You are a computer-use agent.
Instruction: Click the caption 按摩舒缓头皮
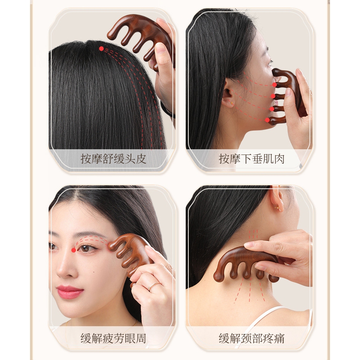[x=113, y=159]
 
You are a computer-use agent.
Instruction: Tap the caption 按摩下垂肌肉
[x=251, y=159]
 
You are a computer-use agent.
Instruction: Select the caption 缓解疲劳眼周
[x=113, y=338]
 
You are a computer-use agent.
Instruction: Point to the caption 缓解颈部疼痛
[x=251, y=338]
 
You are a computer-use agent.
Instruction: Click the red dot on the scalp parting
[x=101, y=49]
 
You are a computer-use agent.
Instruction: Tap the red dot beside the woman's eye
[x=73, y=250]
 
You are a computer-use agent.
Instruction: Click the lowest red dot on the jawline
[x=267, y=120]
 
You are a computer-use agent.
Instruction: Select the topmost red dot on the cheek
[x=274, y=85]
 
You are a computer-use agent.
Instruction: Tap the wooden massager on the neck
[x=247, y=262]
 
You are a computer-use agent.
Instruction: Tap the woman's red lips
[x=70, y=292]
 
